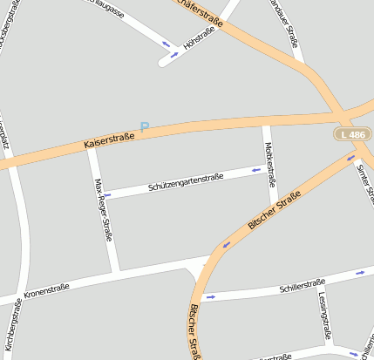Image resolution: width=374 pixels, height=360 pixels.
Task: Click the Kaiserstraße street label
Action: (109, 138)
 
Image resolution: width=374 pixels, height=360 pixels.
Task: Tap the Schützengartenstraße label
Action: (186, 181)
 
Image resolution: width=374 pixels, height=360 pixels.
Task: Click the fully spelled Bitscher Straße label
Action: (274, 210)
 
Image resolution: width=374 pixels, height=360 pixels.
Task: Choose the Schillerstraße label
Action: (302, 285)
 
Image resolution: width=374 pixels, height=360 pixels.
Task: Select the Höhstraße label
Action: (200, 38)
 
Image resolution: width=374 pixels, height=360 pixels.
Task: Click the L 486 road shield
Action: (354, 134)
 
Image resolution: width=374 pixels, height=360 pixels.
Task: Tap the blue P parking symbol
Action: (145, 127)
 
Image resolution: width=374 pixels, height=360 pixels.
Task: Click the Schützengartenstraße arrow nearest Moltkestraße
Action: (256, 169)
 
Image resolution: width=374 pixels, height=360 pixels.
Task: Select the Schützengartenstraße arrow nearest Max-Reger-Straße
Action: (108, 194)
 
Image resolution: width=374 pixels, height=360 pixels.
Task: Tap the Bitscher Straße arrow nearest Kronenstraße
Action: (227, 244)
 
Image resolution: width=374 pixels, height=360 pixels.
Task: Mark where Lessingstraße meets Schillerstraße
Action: (318, 287)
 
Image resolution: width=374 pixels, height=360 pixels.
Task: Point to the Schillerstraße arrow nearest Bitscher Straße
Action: (210, 296)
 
